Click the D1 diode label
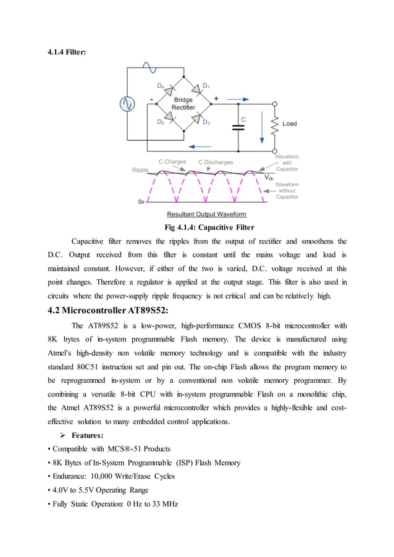click(x=206, y=86)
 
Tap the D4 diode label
click(x=161, y=86)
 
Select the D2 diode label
click(x=161, y=122)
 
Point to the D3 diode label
click(x=206, y=122)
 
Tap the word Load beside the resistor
click(x=290, y=124)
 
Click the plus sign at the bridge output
click(x=216, y=98)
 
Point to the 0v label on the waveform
click(x=141, y=201)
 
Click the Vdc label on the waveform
click(x=270, y=178)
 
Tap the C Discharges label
click(x=216, y=162)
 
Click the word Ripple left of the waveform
click(x=140, y=170)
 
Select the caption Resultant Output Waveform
click(x=206, y=214)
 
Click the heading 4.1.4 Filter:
click(x=67, y=52)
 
